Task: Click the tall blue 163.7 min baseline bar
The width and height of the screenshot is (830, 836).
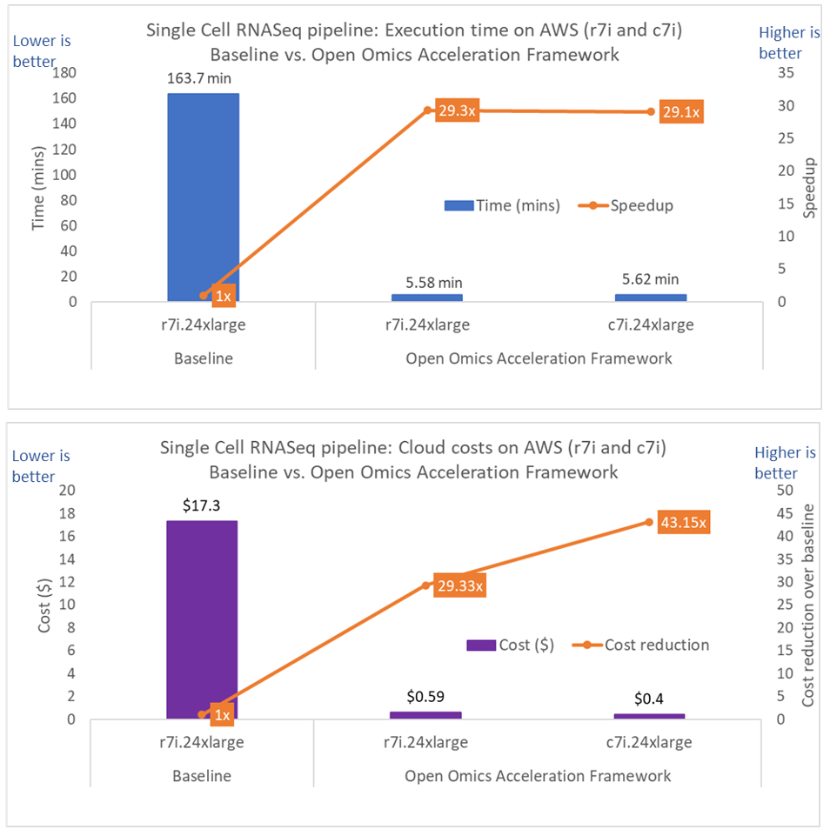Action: (x=203, y=197)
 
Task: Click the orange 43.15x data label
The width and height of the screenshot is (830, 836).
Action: (x=683, y=523)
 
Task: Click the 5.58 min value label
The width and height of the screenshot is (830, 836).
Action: (x=427, y=282)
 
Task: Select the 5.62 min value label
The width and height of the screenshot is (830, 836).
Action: (x=650, y=279)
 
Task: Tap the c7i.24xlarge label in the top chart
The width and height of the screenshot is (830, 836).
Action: (x=650, y=325)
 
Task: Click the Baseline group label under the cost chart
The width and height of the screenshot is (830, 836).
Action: (x=201, y=775)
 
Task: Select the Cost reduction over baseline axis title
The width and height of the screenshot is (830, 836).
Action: (x=809, y=605)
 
